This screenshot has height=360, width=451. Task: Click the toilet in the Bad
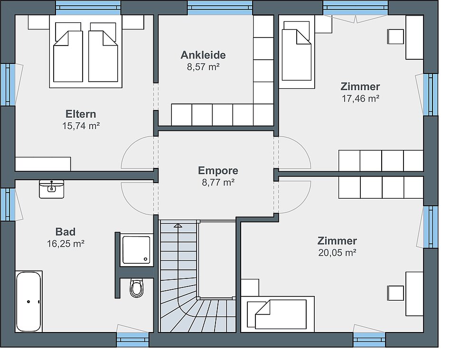[137, 287]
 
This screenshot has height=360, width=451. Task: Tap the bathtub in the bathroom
[28, 301]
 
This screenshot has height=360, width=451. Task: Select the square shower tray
[136, 249]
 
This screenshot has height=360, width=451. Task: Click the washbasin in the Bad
[51, 189]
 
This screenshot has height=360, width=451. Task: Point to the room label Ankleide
[203, 55]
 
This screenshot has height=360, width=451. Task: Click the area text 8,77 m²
[218, 182]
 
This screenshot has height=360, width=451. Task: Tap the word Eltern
[81, 114]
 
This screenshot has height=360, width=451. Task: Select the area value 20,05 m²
[338, 252]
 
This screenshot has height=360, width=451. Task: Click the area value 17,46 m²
[360, 99]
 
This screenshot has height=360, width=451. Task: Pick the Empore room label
[218, 170]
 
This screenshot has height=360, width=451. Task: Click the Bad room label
[66, 231]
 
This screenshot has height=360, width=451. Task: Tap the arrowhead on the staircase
[178, 226]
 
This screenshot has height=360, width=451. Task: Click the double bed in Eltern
[86, 51]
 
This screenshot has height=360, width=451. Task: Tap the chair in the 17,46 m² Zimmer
[395, 37]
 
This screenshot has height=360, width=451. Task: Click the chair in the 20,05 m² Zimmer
[395, 293]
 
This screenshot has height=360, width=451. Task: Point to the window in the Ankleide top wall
[220, 8]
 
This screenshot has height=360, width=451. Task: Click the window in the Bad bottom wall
[132, 340]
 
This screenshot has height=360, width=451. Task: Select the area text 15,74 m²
[81, 126]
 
